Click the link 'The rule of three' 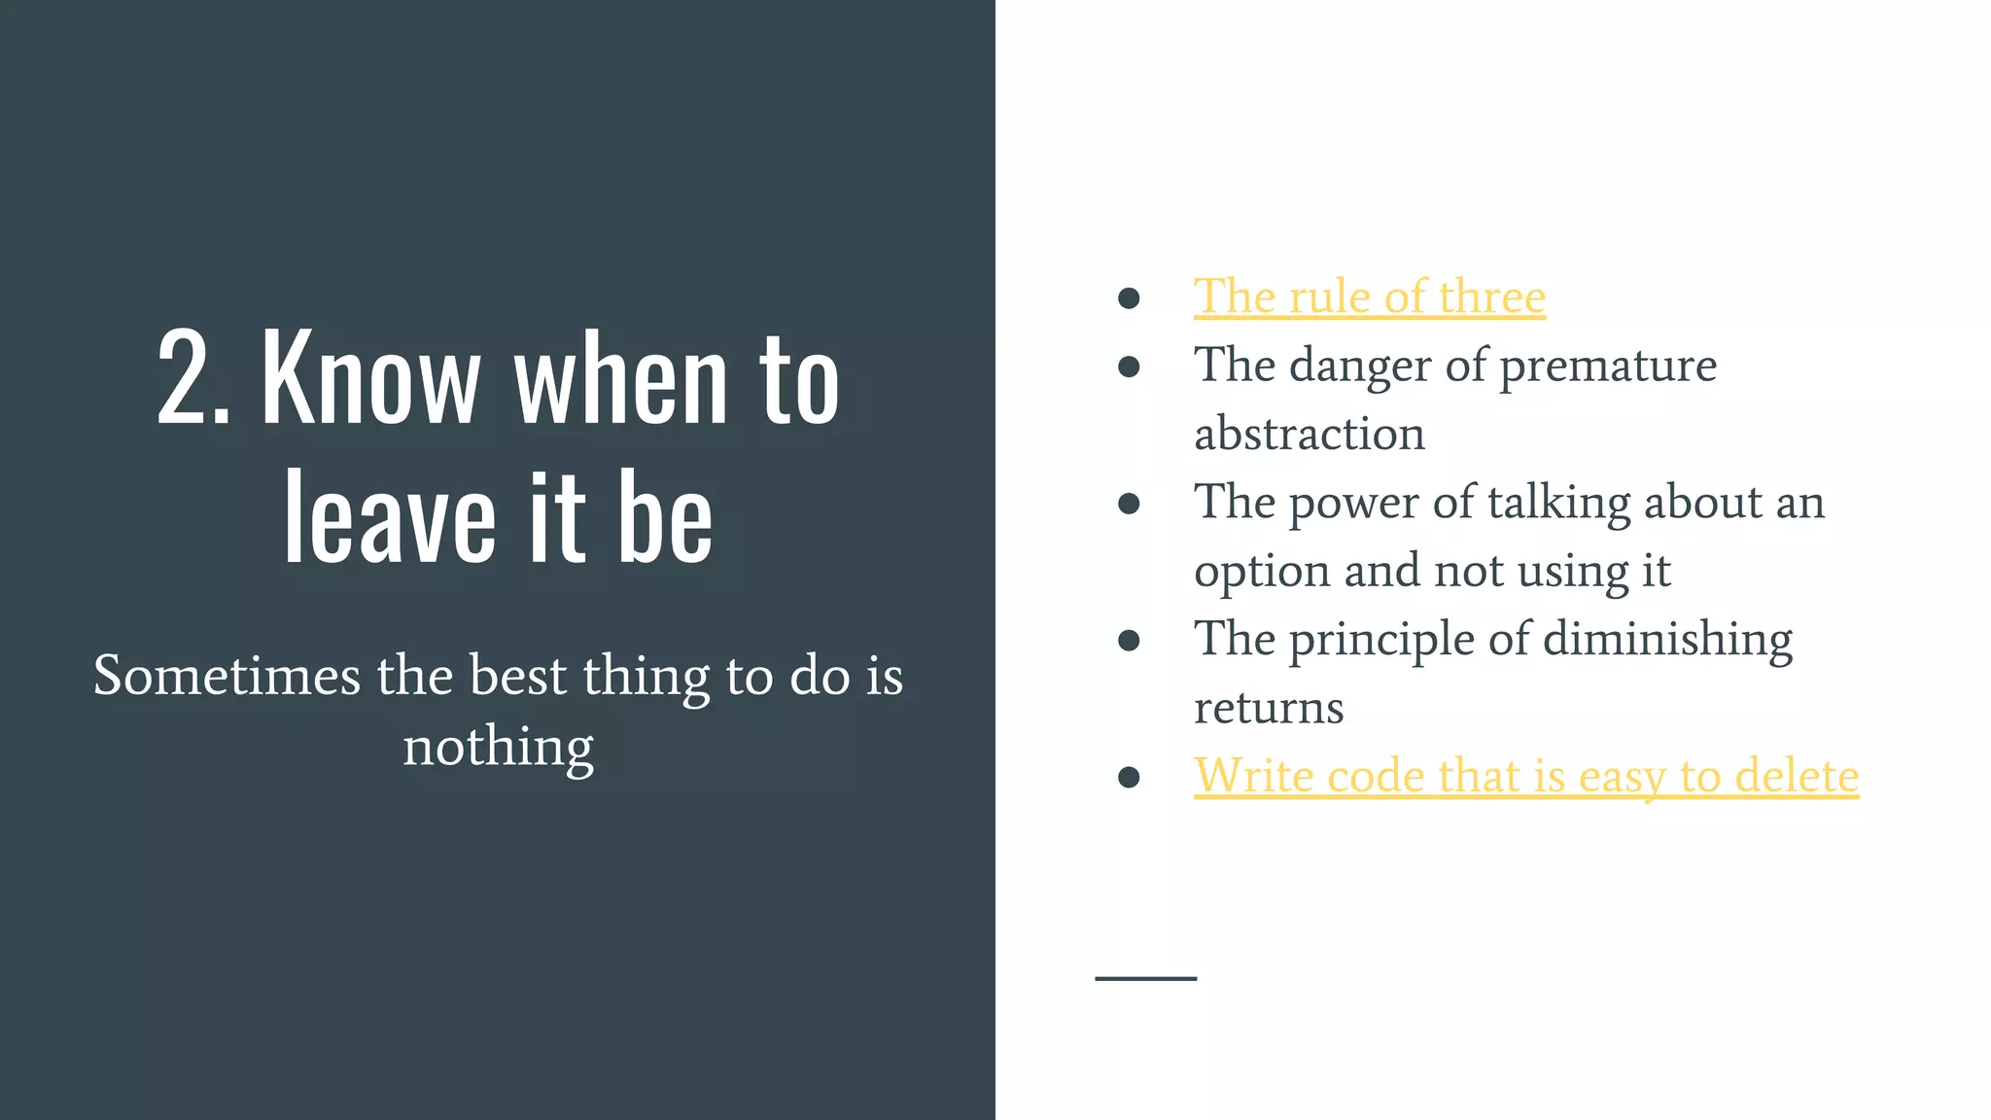point(1369,297)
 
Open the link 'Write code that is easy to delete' point(1525,776)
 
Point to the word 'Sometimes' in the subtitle point(227,675)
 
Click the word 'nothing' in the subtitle point(498,747)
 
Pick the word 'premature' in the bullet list point(1608,367)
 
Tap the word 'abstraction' point(1309,434)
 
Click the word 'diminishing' point(1667,640)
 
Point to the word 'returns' point(1269,708)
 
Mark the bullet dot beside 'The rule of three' point(1129,297)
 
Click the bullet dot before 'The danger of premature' point(1129,367)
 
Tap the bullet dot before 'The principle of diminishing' point(1129,640)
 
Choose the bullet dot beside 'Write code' point(1129,777)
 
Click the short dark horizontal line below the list point(1145,978)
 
